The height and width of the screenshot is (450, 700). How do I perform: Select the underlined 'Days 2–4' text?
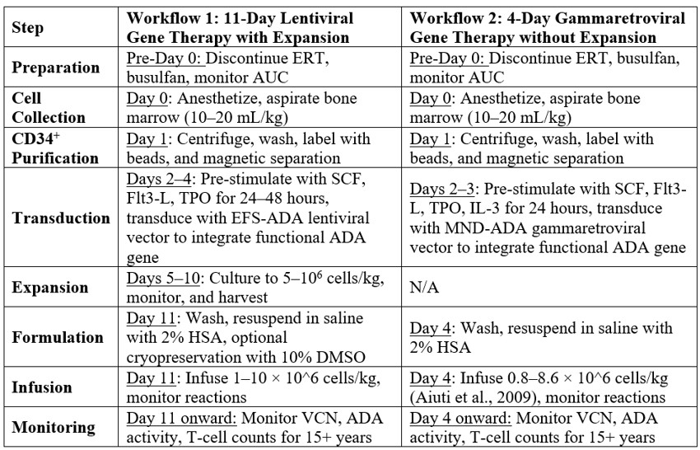coord(152,179)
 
